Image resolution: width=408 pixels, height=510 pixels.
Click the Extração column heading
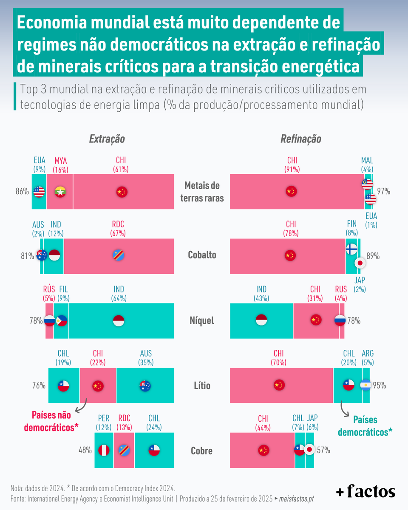pos(107,139)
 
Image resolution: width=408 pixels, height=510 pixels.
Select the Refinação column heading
pos(300,139)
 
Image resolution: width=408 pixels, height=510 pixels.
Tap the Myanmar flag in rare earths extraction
pos(60,192)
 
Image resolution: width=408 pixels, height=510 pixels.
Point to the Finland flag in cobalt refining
pos(351,249)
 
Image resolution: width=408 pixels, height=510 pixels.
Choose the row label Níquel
pos(202,320)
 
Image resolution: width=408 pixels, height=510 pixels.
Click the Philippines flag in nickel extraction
pos(62,320)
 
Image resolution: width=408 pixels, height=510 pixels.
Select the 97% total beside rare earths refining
pos(383,192)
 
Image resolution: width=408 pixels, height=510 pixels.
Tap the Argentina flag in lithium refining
pos(365,385)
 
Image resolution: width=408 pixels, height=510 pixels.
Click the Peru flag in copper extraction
pos(104,450)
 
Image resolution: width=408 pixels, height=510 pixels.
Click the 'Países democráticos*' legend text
pos(365,426)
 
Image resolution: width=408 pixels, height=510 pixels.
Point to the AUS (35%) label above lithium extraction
pos(145,358)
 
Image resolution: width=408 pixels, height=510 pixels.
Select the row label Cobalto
pos(202,255)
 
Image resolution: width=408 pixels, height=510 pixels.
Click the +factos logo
pos(365,492)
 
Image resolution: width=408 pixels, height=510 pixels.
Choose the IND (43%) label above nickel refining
pos(261,294)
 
